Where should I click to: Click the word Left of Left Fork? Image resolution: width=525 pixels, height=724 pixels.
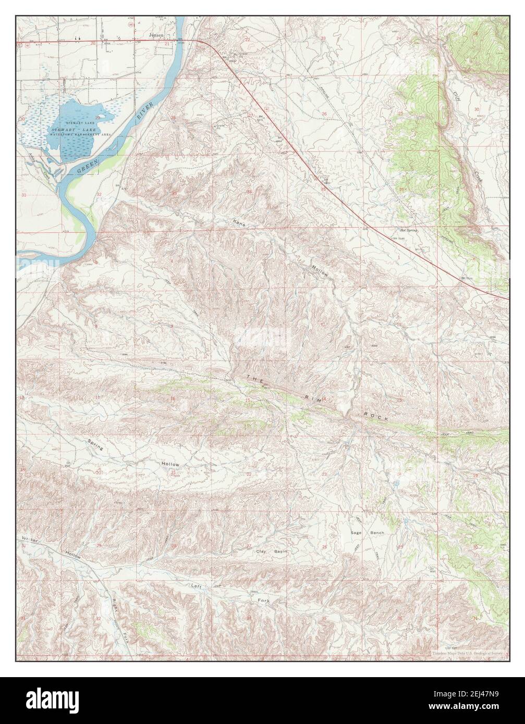click(196, 586)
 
